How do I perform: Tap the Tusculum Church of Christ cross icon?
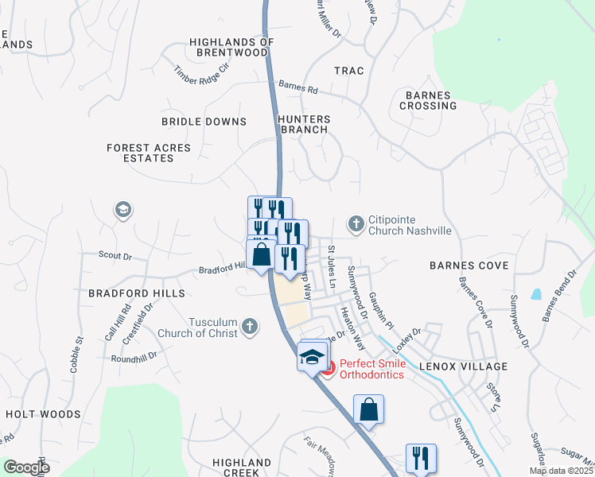click(x=250, y=326)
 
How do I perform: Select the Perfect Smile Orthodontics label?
click(x=372, y=370)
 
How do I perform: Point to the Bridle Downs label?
click(x=204, y=122)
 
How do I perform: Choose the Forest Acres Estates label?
click(x=150, y=153)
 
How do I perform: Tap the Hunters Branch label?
click(x=302, y=124)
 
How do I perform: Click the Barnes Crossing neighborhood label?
click(x=430, y=100)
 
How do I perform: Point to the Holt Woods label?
click(x=43, y=414)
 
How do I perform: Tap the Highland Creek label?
click(x=242, y=467)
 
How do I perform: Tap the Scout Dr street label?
click(x=115, y=256)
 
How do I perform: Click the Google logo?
click(x=26, y=467)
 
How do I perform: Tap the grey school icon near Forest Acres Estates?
click(x=122, y=210)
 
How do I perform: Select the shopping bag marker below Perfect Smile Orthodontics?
click(x=369, y=410)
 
